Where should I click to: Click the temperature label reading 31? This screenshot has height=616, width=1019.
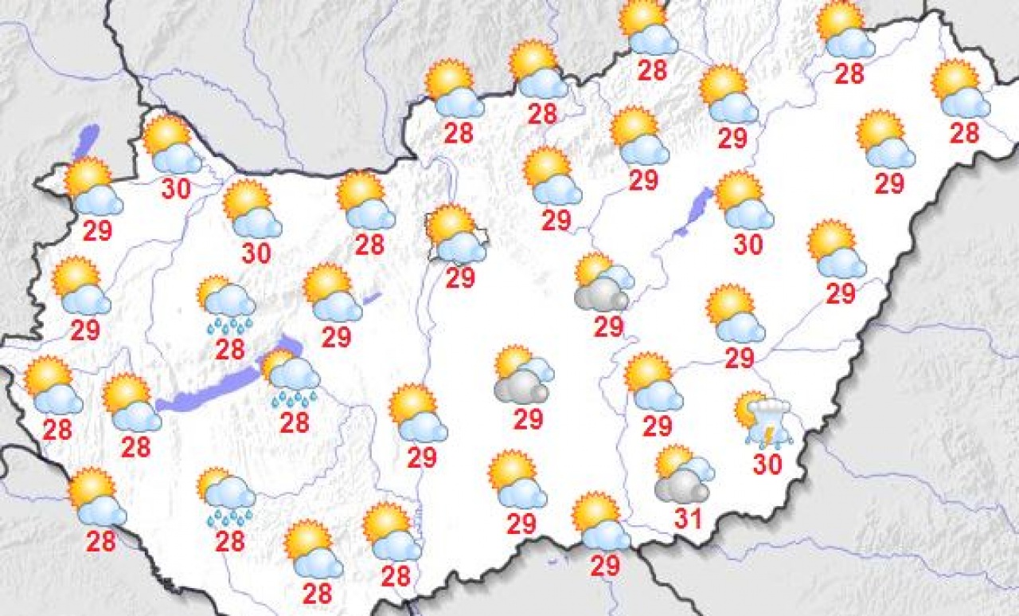point(687,520)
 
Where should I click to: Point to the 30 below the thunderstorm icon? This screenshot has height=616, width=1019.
point(767,464)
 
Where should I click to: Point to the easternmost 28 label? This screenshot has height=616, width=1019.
point(964,132)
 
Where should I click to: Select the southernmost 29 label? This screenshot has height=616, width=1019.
point(606,565)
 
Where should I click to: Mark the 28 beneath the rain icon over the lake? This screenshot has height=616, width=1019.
point(294,422)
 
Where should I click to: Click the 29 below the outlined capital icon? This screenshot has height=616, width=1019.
point(460,277)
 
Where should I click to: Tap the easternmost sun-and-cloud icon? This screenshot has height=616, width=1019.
point(960,89)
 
